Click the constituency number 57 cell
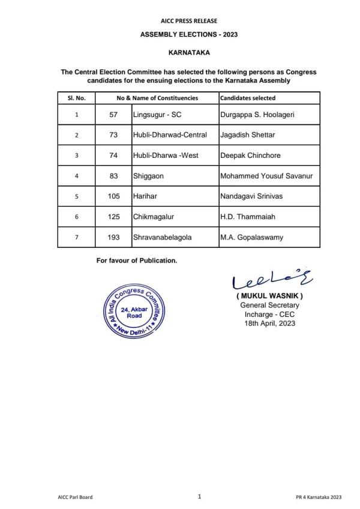click(x=113, y=114)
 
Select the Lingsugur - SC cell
click(x=157, y=114)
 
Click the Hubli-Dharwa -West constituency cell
click(x=166, y=155)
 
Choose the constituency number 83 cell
click(x=113, y=176)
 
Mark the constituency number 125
click(x=113, y=217)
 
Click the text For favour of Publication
click(x=137, y=261)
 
